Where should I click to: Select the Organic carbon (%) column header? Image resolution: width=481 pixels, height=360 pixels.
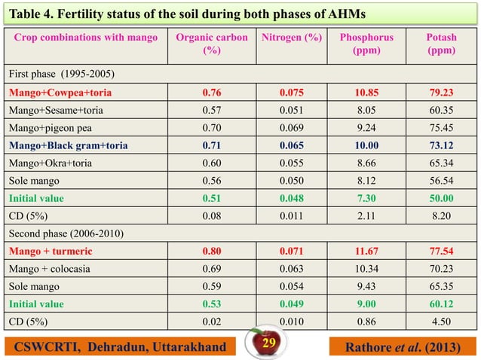point(211,44)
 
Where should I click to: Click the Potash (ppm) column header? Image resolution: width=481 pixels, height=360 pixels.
point(440,44)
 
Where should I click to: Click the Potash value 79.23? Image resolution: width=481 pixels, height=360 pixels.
point(440,93)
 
